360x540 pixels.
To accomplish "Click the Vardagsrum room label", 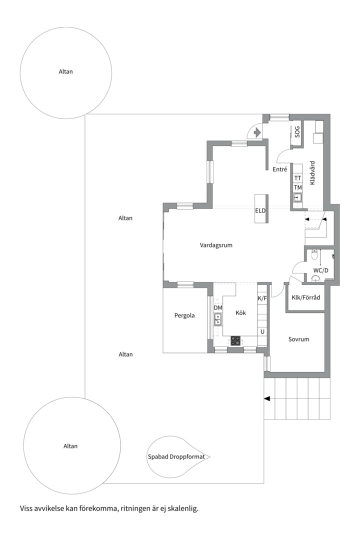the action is tap(216, 245).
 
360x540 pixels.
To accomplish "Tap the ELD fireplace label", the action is tap(260, 210).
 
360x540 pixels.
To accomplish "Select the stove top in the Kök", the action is tap(235, 341).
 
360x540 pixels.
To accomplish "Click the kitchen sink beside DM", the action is tap(217, 319).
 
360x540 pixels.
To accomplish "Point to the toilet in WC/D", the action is tap(314, 255).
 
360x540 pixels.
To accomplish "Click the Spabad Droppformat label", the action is tap(176, 456).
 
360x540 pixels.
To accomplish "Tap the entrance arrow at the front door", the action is tap(256, 132).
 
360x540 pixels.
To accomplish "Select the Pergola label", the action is tap(184, 315).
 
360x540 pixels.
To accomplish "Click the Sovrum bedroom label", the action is tap(298, 339).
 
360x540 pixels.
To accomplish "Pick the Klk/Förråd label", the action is tap(305, 297).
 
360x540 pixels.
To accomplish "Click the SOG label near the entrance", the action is tap(297, 132).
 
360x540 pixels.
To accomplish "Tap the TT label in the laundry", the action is tap(297, 178).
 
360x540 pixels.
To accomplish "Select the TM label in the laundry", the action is tap(297, 187).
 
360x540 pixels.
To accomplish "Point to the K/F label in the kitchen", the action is tap(262, 298).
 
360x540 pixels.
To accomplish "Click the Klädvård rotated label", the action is tap(312, 173).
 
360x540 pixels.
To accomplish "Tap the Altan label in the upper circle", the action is tap(66, 71).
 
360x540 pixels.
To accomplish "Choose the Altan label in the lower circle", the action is tap(70, 446).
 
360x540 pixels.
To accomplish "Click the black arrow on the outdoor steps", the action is tap(267, 398).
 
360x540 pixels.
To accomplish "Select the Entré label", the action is tap(279, 169).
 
